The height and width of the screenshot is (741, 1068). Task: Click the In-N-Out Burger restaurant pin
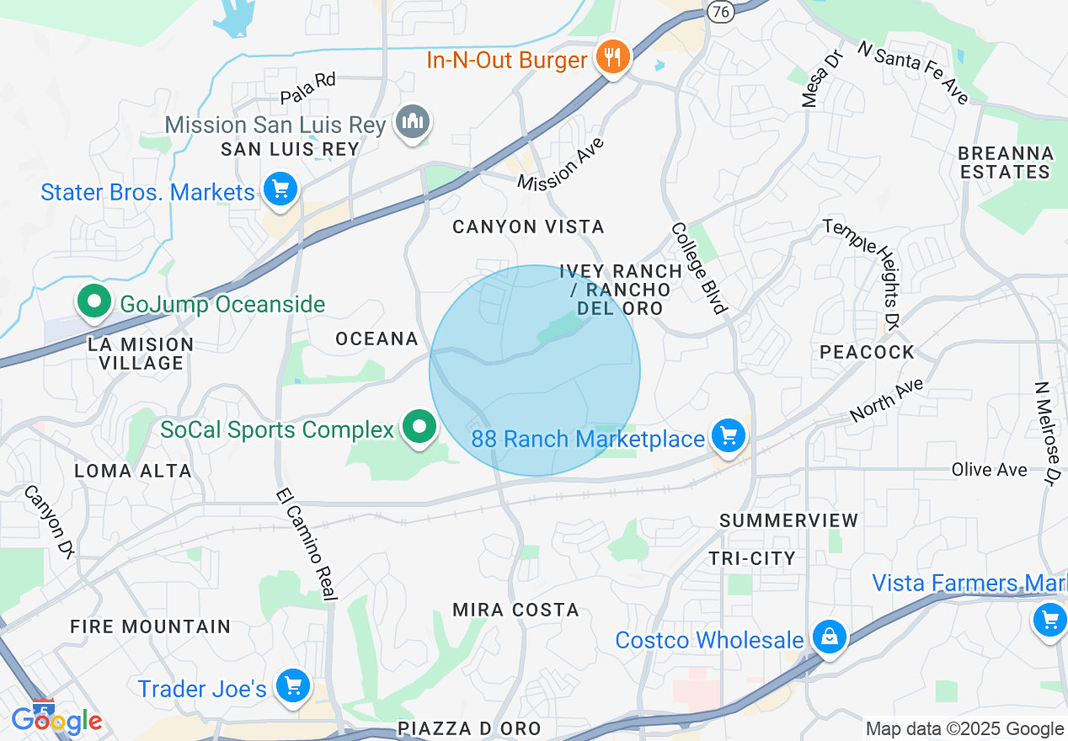pos(612,58)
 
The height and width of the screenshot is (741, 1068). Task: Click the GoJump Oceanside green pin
pos(94,301)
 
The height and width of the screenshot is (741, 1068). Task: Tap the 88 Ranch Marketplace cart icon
pos(729,435)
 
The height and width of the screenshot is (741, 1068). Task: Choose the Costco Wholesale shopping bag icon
pos(830,637)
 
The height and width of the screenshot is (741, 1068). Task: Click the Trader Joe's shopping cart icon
pos(293,685)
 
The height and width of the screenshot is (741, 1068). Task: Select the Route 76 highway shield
pos(720,11)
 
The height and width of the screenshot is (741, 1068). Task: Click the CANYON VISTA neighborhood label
pos(528,227)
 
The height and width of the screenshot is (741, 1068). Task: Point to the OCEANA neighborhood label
pos(376,339)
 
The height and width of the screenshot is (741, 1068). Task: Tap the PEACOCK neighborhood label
pos(867,352)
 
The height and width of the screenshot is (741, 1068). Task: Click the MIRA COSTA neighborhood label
pos(515,610)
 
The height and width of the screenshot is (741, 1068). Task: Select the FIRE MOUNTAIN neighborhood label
pos(150,626)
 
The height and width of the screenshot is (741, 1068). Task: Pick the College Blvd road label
pos(698,268)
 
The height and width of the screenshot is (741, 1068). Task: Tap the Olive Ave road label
pos(989,470)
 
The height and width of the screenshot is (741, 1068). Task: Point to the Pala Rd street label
pos(308,88)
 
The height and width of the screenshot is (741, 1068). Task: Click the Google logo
pos(56,720)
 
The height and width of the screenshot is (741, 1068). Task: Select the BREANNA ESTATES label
pos(1006,163)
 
